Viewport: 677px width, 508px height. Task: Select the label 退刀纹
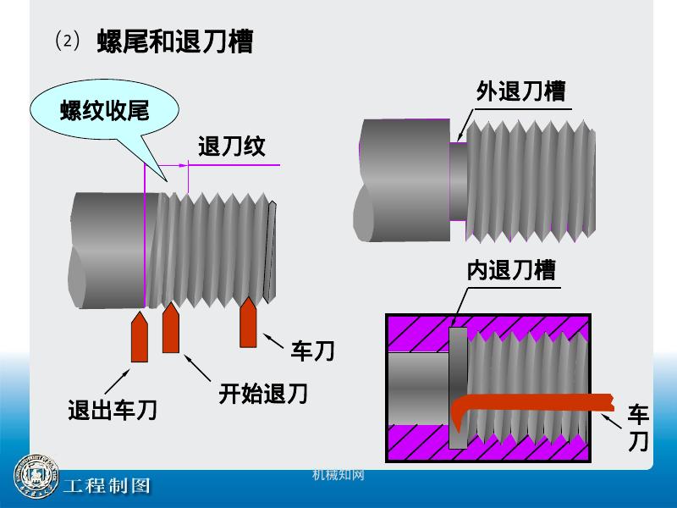click(x=231, y=146)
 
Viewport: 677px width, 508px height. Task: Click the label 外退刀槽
click(x=520, y=91)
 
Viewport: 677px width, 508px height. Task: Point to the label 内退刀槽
click(x=511, y=271)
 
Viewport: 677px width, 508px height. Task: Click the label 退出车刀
click(x=113, y=411)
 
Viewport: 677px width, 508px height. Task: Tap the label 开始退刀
click(x=262, y=394)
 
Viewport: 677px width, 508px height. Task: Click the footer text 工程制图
click(x=107, y=486)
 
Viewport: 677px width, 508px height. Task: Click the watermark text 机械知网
click(x=338, y=475)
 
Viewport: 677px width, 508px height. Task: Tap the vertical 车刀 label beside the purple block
click(x=638, y=428)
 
